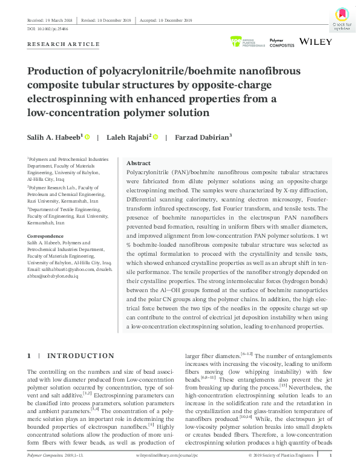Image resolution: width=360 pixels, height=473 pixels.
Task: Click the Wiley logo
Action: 316,42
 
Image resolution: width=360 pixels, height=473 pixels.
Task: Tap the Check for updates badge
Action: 342,19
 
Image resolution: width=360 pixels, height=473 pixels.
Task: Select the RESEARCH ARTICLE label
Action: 64,44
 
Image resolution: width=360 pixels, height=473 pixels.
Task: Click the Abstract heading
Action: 139,163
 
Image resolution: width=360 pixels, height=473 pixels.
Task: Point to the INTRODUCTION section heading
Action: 80,356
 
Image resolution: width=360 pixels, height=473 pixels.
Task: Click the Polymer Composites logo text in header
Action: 281,42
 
